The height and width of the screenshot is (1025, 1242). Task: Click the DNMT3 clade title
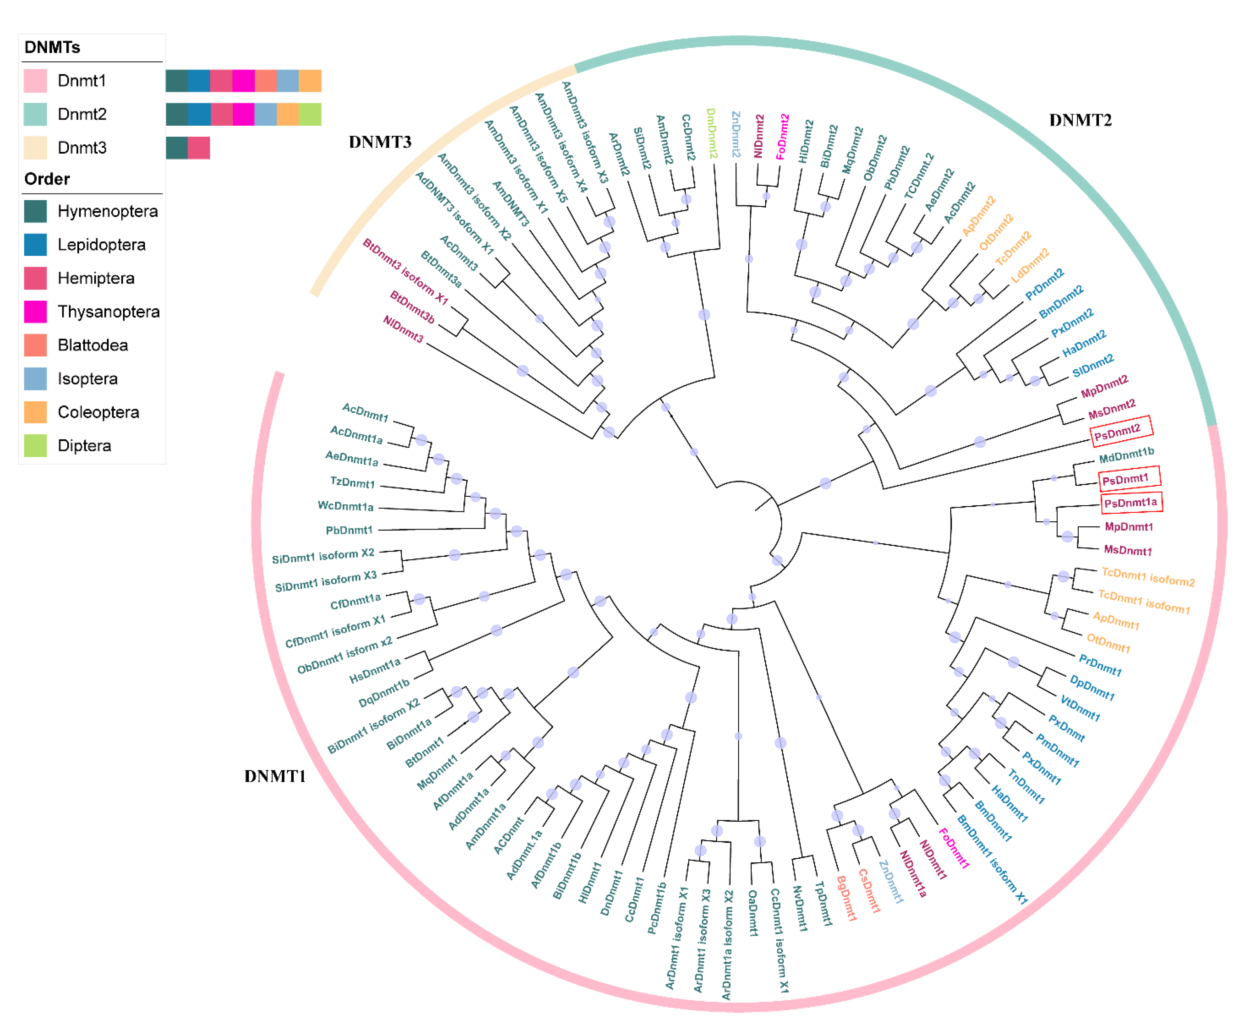(x=380, y=142)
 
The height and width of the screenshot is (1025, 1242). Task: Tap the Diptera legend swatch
(x=35, y=445)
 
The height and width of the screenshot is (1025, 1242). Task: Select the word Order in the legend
(x=47, y=179)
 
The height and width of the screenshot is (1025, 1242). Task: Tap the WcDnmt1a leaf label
(x=345, y=506)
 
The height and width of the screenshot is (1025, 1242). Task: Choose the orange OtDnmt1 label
(x=1108, y=643)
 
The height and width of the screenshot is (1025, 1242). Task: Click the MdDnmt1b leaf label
(x=1126, y=455)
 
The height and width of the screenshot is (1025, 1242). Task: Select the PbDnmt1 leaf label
(x=349, y=530)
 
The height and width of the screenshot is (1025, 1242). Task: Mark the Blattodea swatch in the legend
(x=35, y=345)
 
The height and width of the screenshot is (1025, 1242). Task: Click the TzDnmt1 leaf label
(x=352, y=482)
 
